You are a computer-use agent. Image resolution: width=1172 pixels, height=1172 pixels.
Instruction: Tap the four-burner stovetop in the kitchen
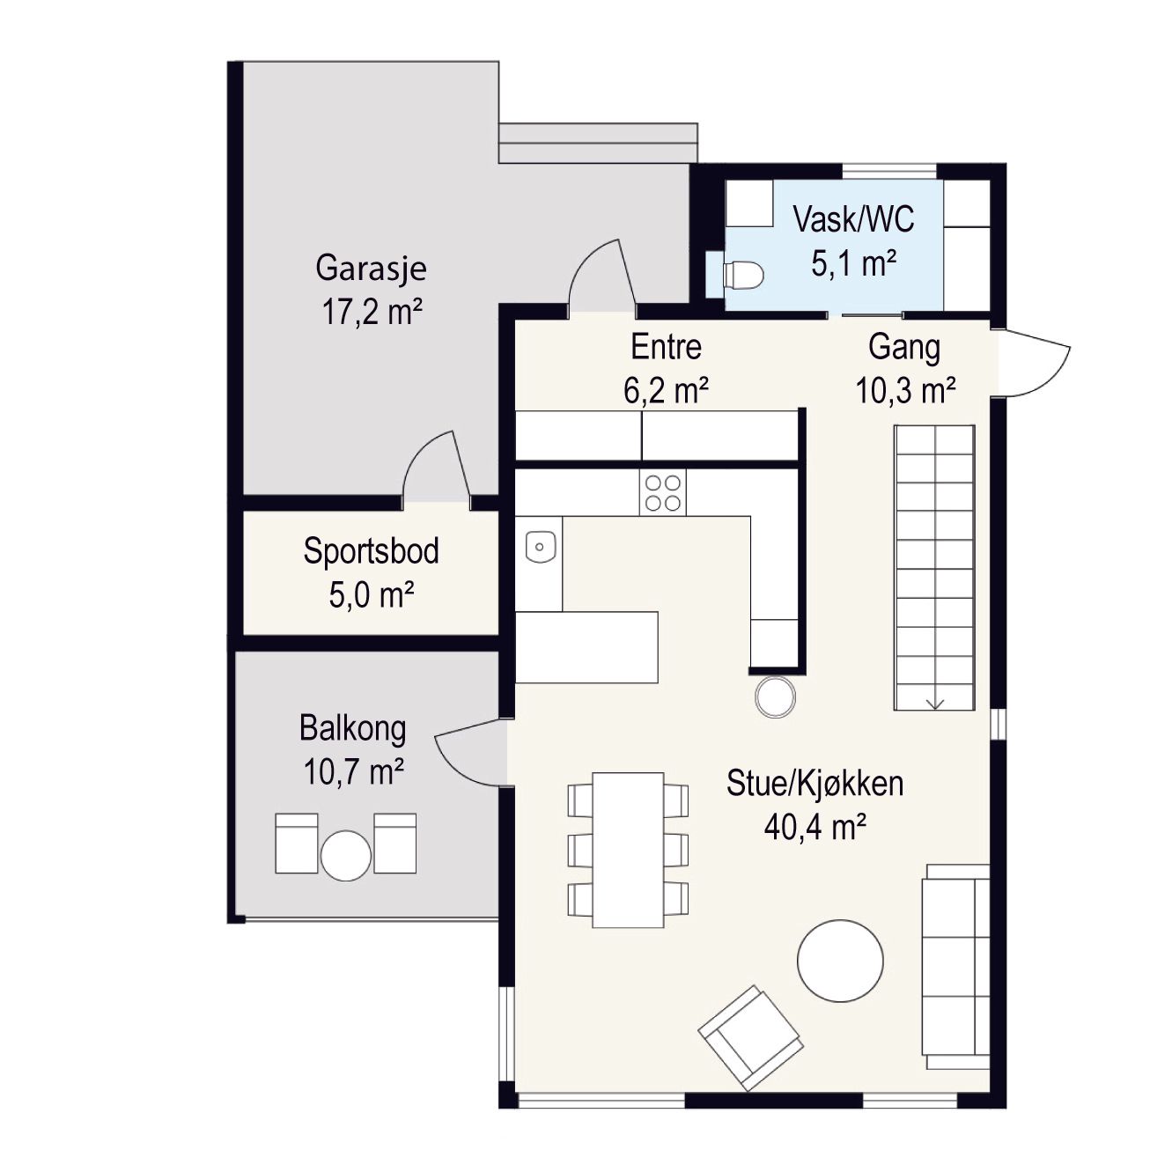click(662, 492)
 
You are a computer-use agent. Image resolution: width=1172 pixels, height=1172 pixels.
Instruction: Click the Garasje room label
click(371, 269)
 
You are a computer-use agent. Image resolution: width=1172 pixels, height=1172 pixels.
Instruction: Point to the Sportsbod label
click(371, 551)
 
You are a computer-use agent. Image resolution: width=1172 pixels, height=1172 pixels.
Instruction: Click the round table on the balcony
click(345, 855)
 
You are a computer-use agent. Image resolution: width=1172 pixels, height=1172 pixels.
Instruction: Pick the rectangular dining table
click(628, 850)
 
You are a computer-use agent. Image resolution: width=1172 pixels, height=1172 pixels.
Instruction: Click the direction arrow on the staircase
click(935, 703)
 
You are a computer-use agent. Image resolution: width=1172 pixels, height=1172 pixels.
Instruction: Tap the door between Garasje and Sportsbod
click(437, 468)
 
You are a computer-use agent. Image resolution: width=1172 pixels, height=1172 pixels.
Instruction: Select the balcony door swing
click(471, 752)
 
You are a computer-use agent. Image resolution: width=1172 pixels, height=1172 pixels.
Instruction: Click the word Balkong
click(353, 728)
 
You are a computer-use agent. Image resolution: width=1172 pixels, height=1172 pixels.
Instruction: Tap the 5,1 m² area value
click(854, 264)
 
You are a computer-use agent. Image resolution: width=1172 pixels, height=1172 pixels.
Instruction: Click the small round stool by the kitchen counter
click(775, 697)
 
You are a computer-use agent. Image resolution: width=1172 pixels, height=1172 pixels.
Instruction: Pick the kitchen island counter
click(586, 647)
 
